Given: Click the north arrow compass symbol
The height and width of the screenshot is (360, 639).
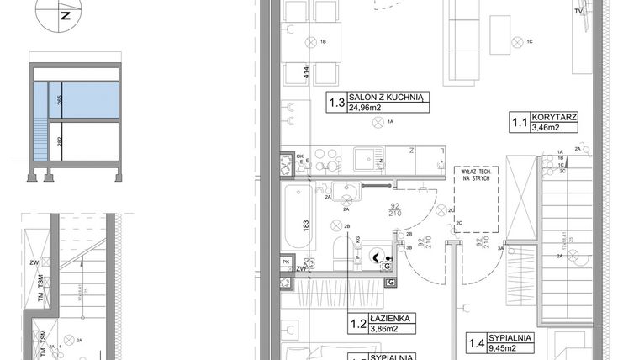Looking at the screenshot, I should (65, 13).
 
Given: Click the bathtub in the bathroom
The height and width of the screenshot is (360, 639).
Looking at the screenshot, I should (299, 216).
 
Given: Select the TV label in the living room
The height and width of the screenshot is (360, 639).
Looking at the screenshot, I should (578, 12).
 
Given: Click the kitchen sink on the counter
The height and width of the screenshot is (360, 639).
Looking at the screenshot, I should (367, 157).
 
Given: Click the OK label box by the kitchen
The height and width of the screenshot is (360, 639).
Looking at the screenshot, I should (300, 156).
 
